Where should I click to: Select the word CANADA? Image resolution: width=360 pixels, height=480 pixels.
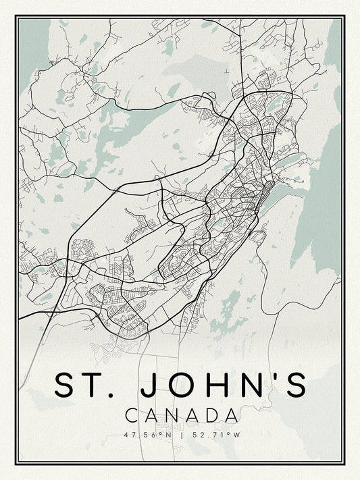coord(180,414)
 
